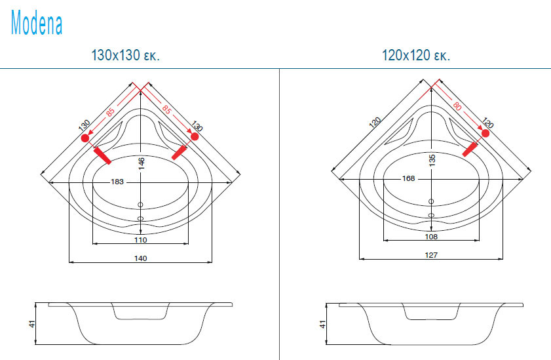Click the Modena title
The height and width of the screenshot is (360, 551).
pyautogui.click(x=37, y=22)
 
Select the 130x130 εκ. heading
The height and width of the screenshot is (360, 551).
pyautogui.click(x=125, y=55)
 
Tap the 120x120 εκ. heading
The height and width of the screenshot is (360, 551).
pyautogui.click(x=416, y=55)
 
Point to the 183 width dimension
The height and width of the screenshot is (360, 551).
pyautogui.click(x=117, y=182)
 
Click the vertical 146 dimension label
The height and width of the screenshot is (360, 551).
pyautogui.click(x=141, y=163)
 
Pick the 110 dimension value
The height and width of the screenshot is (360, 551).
pyautogui.click(x=141, y=240)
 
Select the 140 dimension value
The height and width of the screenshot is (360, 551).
pyautogui.click(x=141, y=258)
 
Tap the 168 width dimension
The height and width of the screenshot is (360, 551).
pyautogui.click(x=408, y=178)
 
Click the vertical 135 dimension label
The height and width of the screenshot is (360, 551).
pyautogui.click(x=432, y=160)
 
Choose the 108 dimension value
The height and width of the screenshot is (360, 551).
pyautogui.click(x=431, y=237)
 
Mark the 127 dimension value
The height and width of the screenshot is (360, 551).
pyautogui.click(x=431, y=255)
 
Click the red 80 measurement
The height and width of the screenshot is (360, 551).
pyautogui.click(x=457, y=106)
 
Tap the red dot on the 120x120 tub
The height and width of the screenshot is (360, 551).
pyautogui.click(x=485, y=134)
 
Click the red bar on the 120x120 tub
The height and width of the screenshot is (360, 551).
pyautogui.click(x=470, y=149)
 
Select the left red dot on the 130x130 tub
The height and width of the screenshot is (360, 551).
pyautogui.click(x=85, y=138)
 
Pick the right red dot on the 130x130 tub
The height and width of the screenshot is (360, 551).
pyautogui.click(x=195, y=136)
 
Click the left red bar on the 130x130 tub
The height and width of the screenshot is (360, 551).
pyautogui.click(x=102, y=156)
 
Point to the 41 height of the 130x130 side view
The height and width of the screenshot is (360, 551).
pyautogui.click(x=32, y=324)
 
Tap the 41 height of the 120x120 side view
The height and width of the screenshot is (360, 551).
pyautogui.click(x=322, y=324)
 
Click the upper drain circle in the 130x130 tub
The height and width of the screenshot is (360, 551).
pyautogui.click(x=141, y=205)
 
